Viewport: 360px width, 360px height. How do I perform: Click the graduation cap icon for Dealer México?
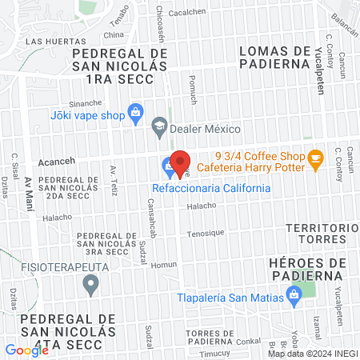coord(160,126)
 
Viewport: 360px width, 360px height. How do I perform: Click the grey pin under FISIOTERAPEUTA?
coord(91,283)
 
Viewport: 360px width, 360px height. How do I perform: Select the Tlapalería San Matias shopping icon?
coord(294,298)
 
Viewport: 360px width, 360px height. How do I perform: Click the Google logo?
coord(26,350)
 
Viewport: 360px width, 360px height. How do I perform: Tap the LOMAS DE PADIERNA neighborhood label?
coord(274,58)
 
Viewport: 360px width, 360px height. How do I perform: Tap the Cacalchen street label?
coord(188,12)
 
